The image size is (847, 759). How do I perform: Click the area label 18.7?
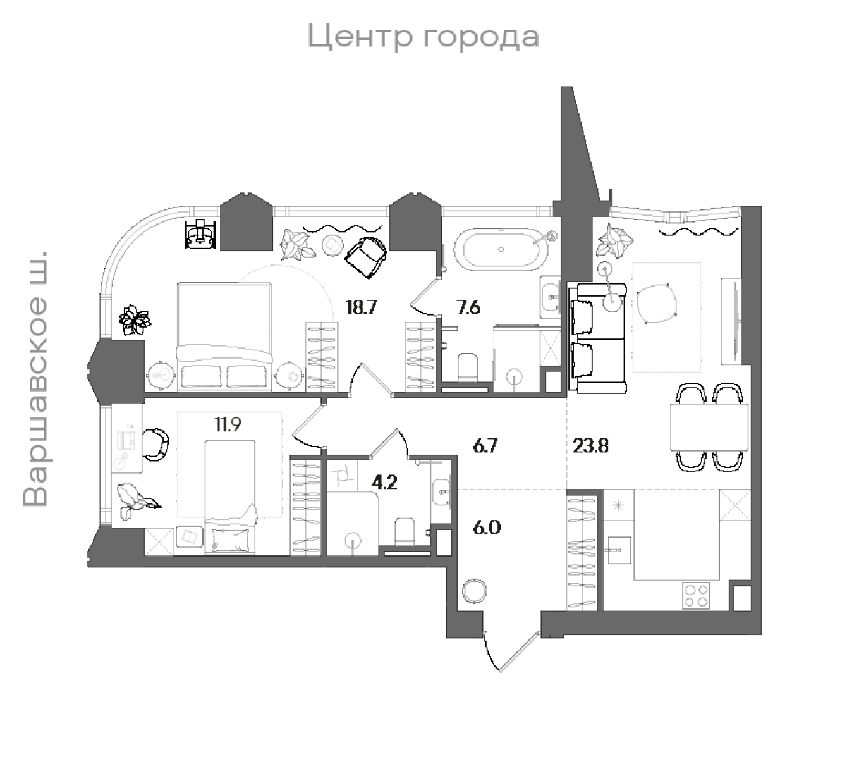coord(362,307)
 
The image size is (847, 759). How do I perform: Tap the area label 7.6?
coord(468,307)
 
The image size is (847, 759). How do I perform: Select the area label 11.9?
coord(228,424)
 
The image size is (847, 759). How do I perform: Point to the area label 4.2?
coord(384,483)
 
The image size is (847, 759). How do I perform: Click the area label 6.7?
coord(485,446)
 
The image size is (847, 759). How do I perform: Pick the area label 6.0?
coord(487,527)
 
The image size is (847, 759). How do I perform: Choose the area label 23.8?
coord(590,446)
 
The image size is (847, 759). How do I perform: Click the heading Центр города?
coord(423,36)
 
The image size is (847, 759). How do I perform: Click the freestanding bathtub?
coord(503,249)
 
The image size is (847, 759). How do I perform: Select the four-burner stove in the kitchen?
coord(697,595)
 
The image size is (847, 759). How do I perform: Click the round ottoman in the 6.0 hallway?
coord(474,592)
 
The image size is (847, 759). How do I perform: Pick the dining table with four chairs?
coord(709,428)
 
